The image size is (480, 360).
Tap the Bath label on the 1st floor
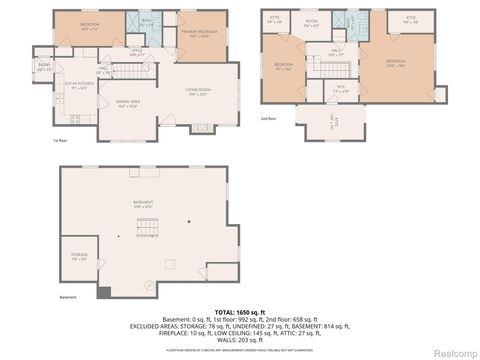pos(146,19)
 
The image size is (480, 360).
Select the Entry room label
pos(44,68)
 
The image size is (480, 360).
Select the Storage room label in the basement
pos(80,256)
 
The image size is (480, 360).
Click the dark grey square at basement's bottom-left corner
pos(103,292)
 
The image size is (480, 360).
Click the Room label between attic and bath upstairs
pos(312,21)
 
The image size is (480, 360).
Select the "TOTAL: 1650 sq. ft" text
pos(239,313)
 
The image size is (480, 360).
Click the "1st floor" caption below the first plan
pos(59,141)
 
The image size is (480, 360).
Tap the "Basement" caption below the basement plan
pos(68,298)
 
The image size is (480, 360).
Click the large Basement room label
pos(144,204)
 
